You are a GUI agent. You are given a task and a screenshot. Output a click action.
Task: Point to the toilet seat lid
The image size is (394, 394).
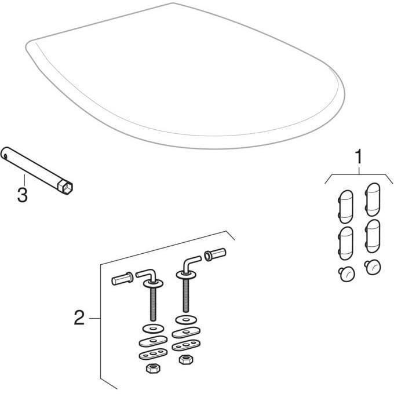point(185,81)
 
